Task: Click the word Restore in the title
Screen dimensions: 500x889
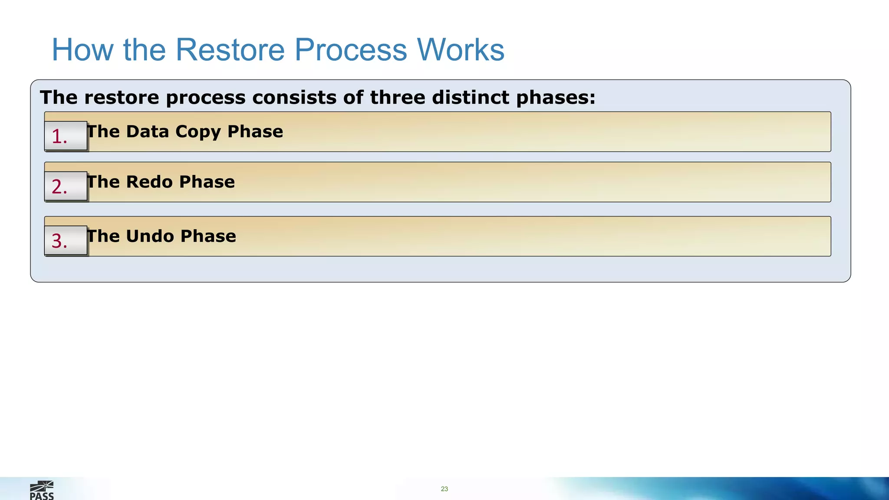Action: coord(230,50)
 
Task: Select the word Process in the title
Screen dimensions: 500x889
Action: coord(351,50)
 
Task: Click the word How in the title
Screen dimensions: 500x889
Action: coord(82,50)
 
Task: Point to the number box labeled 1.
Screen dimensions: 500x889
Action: coord(66,136)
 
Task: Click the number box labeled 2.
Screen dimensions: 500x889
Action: coord(66,186)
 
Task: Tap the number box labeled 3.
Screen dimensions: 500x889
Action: coord(66,240)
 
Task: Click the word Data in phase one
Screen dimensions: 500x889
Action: coord(147,132)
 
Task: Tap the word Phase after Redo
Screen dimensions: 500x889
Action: coord(207,182)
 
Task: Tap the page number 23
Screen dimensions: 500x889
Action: coord(444,489)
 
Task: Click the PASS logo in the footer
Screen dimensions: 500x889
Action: coord(42,490)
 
